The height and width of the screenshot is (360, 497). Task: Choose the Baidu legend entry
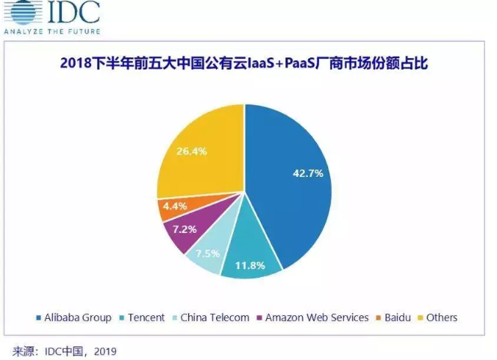pyautogui.click(x=397, y=317)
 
